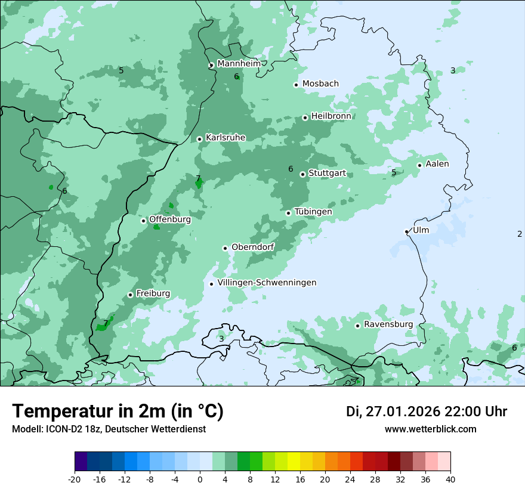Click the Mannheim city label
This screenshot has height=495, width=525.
click(x=239, y=64)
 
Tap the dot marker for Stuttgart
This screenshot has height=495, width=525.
click(x=302, y=174)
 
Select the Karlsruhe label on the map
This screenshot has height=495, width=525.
click(x=226, y=138)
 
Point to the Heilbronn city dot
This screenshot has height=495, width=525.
click(x=305, y=117)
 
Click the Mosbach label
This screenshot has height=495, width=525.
click(x=320, y=84)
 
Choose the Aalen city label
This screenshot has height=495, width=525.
click(x=437, y=164)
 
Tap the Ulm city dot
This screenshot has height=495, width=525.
click(x=407, y=231)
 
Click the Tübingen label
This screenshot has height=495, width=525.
click(x=313, y=212)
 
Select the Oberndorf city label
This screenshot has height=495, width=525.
click(x=252, y=247)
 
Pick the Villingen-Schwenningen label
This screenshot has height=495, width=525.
click(x=267, y=283)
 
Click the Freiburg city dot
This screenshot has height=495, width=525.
click(x=130, y=295)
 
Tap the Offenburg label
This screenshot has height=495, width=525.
click(x=170, y=219)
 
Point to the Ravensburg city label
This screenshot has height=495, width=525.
click(x=388, y=324)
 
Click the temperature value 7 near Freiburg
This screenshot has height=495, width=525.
click(x=106, y=323)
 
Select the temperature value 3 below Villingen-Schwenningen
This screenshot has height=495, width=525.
click(x=221, y=339)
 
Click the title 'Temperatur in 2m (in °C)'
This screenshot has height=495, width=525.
click(x=118, y=412)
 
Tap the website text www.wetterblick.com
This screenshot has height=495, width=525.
click(x=430, y=429)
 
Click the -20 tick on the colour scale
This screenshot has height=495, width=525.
click(x=75, y=479)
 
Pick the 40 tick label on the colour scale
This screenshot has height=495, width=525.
click(x=450, y=479)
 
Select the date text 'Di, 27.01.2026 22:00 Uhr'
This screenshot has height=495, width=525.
click(x=426, y=412)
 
